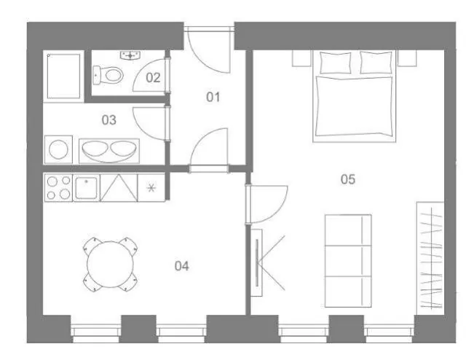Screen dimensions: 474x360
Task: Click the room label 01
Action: [213, 97]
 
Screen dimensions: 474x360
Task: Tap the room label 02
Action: [153, 78]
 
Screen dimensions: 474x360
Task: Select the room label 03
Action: [108, 120]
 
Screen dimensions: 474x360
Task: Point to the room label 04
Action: [182, 266]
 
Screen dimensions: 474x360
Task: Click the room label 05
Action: [347, 179]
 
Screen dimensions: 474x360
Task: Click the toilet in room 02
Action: [108, 75]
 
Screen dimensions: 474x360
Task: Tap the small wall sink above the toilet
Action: [130, 55]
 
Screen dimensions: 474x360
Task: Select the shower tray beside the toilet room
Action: [64, 76]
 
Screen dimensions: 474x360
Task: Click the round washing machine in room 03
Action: [59, 149]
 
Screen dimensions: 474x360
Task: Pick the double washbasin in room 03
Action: [109, 151]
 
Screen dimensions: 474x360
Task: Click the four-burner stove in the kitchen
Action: [58, 187]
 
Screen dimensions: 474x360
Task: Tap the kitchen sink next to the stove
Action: [87, 188]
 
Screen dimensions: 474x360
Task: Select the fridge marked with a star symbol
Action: [151, 188]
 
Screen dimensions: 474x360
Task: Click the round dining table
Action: [111, 264]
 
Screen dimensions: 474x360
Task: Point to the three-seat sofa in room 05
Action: [348, 261]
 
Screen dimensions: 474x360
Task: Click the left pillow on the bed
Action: [336, 63]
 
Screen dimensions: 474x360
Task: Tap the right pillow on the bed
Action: [376, 63]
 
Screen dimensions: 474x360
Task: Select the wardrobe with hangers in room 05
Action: [430, 259]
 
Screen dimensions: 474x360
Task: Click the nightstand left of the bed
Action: [301, 58]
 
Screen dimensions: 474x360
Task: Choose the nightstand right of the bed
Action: [407, 58]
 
